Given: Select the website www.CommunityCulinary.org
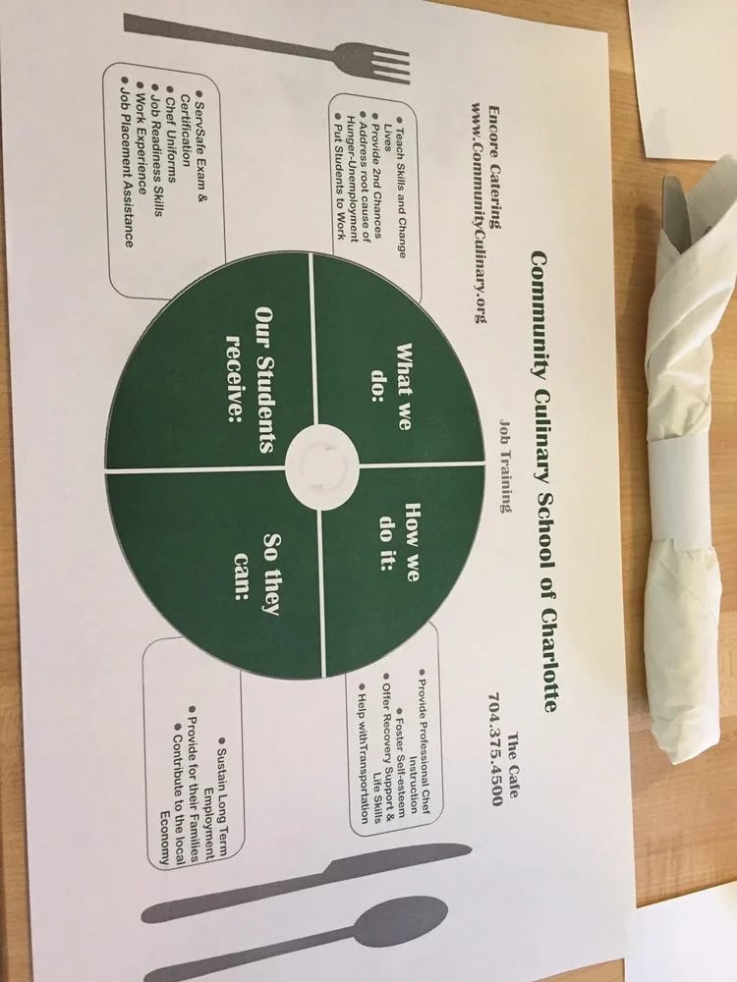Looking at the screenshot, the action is click(479, 212).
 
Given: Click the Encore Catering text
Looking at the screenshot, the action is click(495, 167).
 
